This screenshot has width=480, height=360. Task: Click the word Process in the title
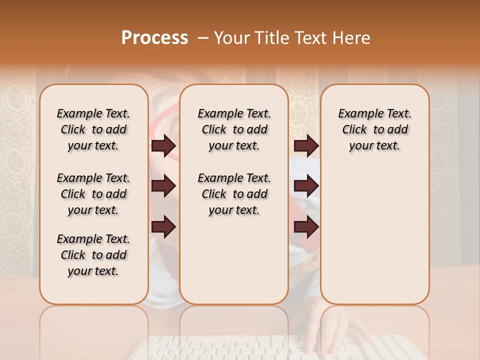154,38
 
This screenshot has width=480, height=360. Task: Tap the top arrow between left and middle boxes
163,145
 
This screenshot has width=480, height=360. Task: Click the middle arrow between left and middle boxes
163,186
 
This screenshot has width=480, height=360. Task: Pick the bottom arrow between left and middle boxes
163,226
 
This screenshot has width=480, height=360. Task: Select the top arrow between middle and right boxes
306,145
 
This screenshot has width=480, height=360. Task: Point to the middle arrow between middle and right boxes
306,186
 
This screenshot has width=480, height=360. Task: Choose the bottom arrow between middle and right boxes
306,226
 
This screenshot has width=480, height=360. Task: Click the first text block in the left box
93,129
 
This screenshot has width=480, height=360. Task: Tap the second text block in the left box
93,194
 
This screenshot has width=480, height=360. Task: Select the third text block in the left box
93,255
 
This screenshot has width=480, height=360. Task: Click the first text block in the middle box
234,129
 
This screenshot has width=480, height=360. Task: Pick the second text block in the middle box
234,194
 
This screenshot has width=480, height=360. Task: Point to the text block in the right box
375,129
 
